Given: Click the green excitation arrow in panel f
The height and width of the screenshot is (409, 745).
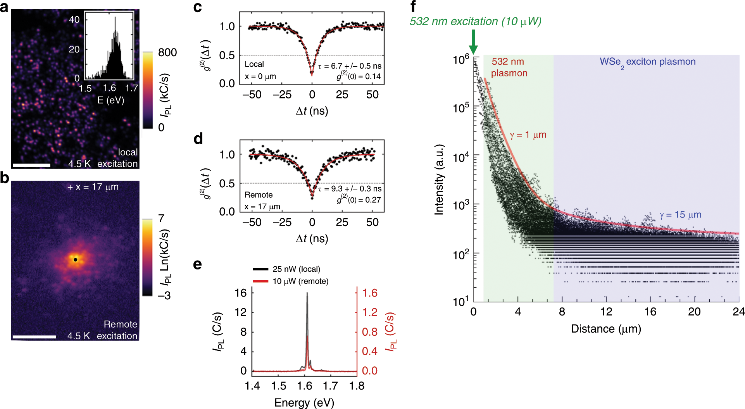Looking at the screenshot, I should (x=473, y=42).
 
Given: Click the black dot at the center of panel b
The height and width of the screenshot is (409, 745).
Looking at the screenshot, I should (x=75, y=259).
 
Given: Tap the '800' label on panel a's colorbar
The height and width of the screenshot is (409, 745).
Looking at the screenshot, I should (x=167, y=52).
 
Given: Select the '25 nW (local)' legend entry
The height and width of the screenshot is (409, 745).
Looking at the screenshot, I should (x=296, y=269).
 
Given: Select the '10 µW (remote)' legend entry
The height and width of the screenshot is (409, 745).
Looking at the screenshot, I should (x=300, y=281).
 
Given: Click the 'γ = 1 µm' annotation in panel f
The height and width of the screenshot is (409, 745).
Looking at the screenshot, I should (x=528, y=135).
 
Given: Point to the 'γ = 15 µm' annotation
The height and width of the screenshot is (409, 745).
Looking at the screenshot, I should (x=680, y=215).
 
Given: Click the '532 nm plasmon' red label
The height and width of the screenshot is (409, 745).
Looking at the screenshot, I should (x=509, y=67).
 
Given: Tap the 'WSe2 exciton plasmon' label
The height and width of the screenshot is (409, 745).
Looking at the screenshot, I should (x=647, y=62).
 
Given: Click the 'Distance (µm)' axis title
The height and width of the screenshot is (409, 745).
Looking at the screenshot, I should (x=606, y=329).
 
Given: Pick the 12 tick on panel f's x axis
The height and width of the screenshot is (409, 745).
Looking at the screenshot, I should (x=606, y=312).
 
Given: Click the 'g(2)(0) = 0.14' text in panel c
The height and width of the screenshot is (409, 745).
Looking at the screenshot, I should (x=359, y=76).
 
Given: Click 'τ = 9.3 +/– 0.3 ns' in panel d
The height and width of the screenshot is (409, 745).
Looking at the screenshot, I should (x=350, y=189).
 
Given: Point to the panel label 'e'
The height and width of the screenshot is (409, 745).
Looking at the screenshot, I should (x=197, y=264).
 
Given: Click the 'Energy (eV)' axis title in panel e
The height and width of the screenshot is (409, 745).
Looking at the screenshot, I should (x=304, y=403).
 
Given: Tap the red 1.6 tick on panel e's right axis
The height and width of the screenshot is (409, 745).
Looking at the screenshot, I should (x=369, y=293).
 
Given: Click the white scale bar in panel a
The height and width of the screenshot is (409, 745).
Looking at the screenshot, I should (x=31, y=165).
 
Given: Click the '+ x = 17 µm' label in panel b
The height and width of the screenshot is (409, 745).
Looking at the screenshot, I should (x=93, y=187).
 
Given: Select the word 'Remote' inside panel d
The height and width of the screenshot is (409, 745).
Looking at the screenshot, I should (x=259, y=195).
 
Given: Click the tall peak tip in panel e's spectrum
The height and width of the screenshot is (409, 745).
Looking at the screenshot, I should (x=307, y=293).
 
